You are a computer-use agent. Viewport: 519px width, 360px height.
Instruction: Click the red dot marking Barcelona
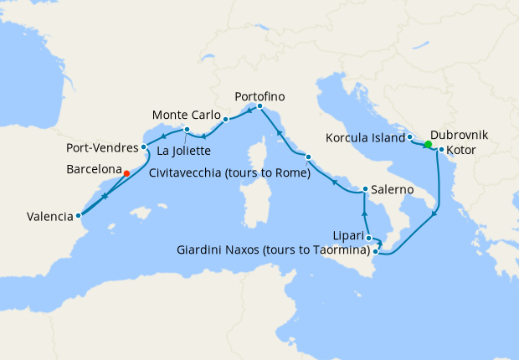pos(126,173)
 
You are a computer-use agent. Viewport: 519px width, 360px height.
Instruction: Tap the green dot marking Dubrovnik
pos(428,145)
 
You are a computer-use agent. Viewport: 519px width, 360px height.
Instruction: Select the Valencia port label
pos(49,216)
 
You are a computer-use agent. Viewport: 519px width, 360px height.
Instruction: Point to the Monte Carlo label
pos(186,115)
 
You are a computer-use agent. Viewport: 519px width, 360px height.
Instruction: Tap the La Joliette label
pos(183,151)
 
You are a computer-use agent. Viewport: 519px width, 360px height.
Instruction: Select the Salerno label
pos(393,190)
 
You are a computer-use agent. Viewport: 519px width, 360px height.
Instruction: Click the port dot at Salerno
pos(365,189)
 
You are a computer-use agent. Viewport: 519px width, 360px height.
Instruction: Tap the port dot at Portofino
pos(259,106)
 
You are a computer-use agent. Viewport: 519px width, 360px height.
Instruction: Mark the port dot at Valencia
pos(79,215)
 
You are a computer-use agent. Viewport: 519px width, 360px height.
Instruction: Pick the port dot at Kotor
pos(441,151)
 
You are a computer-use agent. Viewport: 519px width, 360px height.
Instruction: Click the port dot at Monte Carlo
pos(226,120)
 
